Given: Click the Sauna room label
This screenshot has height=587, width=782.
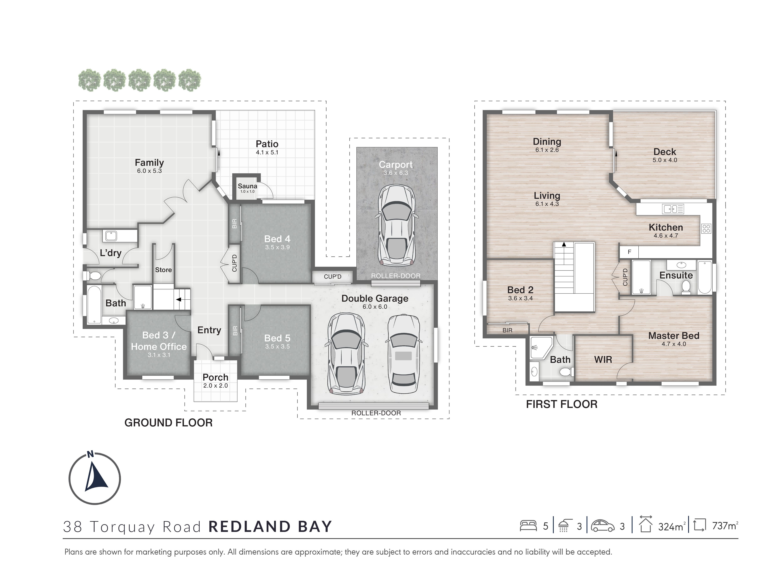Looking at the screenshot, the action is [247, 186].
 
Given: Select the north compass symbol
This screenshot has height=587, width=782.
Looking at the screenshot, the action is [95, 478].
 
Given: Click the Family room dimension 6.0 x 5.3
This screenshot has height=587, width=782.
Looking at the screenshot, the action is [149, 171].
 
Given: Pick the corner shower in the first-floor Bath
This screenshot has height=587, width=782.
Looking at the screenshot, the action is [540, 348].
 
